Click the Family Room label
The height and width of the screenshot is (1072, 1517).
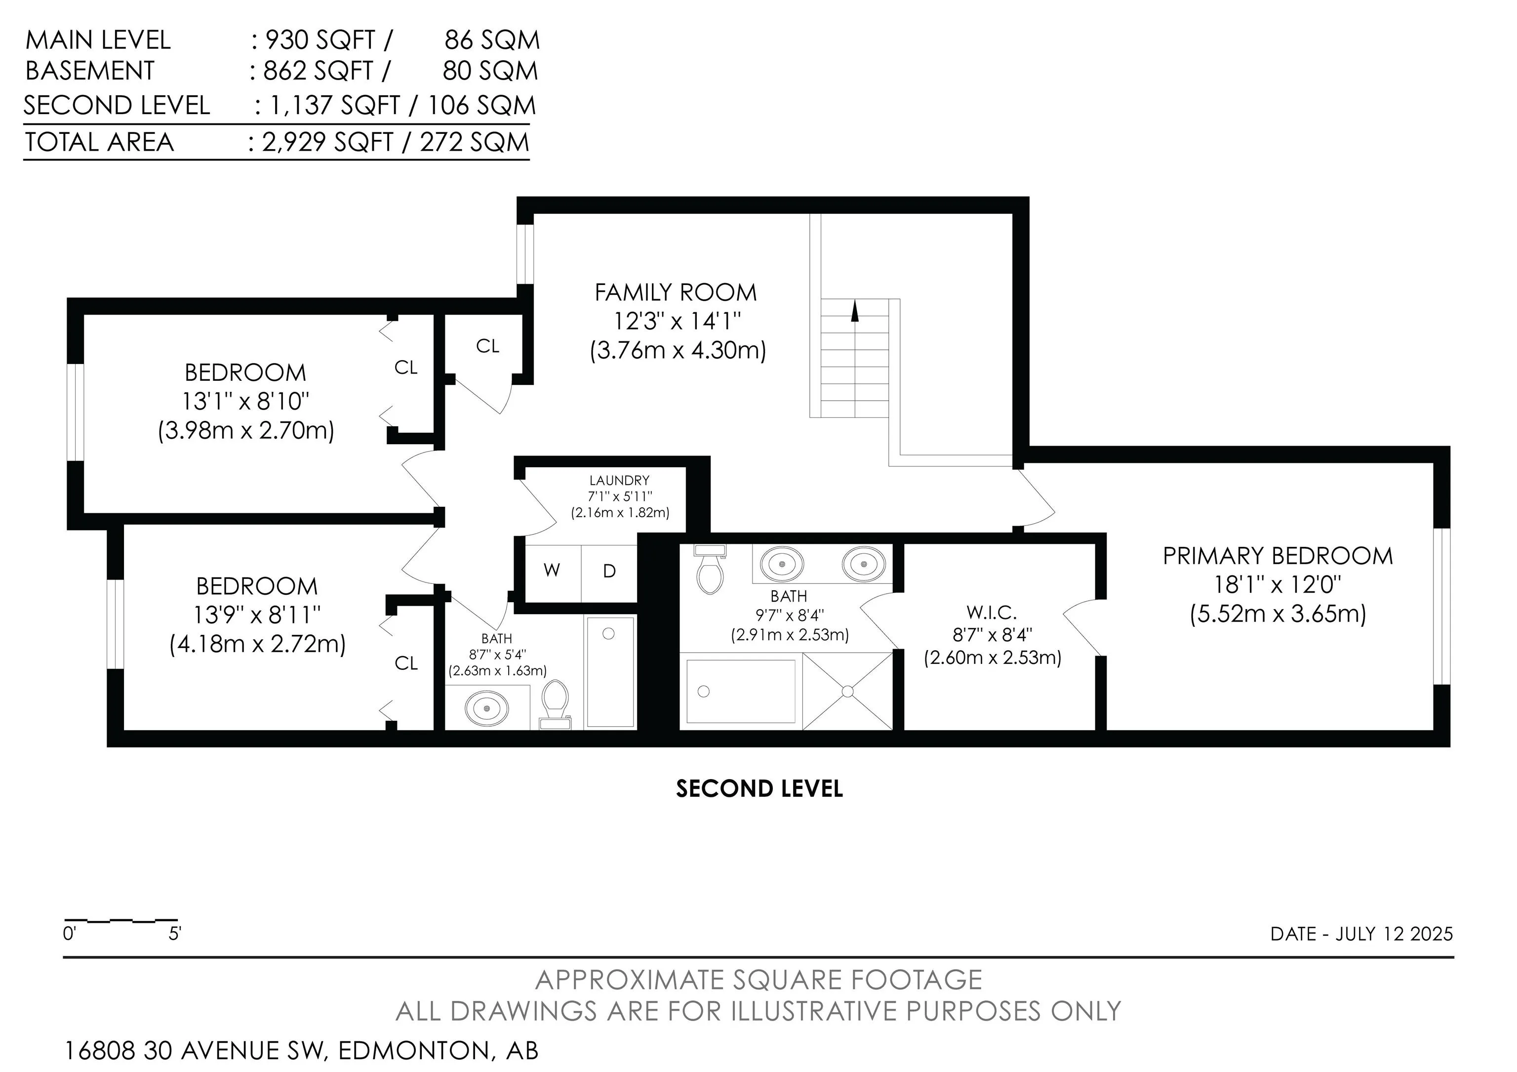[675, 292]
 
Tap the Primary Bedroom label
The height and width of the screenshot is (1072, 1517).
[1278, 556]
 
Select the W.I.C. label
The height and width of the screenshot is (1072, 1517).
[992, 612]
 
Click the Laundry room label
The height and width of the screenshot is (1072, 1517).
[619, 481]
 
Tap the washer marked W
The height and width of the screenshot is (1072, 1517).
[552, 570]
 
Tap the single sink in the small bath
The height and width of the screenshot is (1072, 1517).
[487, 708]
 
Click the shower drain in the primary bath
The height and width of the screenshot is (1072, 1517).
[848, 691]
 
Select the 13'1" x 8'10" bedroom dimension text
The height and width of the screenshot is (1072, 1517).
[246, 401]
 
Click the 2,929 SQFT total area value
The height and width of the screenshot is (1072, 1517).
[328, 142]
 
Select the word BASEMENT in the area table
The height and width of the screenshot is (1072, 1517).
[90, 71]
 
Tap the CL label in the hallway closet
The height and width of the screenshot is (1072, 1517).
[487, 346]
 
